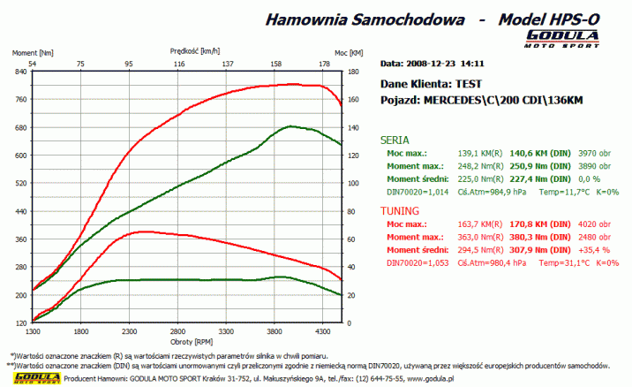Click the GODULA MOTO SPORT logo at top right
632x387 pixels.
click(x=563, y=38)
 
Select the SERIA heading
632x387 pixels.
click(x=394, y=140)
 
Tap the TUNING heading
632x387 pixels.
click(x=400, y=212)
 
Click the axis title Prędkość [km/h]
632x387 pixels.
click(x=187, y=52)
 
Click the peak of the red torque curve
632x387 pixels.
click(x=141, y=231)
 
